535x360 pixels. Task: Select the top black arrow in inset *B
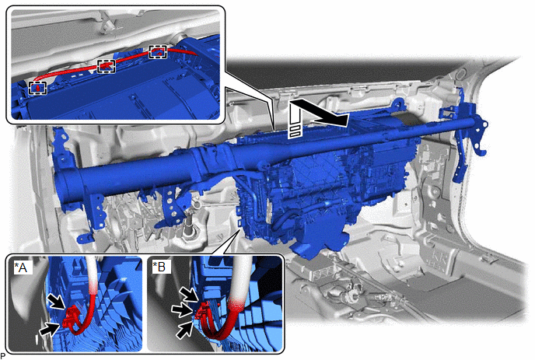[x=189, y=294]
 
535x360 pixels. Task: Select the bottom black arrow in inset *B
[x=184, y=330]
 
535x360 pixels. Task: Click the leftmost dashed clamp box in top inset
[x=37, y=88]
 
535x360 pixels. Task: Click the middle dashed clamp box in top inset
[x=106, y=66]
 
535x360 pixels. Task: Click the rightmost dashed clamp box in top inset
[x=158, y=51]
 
